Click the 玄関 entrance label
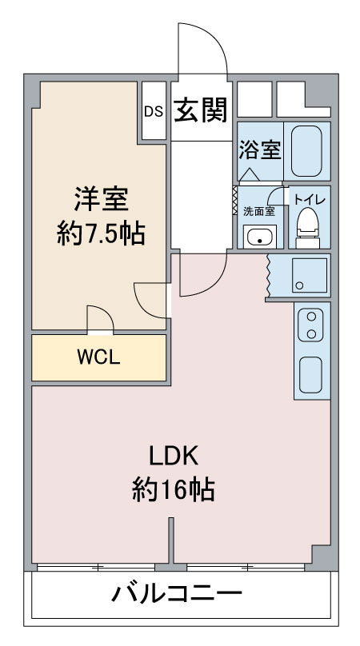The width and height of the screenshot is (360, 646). [201, 110]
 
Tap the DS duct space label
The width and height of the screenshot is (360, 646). [154, 112]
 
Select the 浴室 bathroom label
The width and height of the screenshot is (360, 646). [260, 150]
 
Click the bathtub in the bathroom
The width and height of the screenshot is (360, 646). [306, 151]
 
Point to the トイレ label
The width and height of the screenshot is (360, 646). [310, 200]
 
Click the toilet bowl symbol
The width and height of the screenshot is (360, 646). [308, 227]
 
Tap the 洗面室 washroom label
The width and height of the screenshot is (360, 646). [258, 211]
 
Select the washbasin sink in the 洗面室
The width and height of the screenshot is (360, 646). [259, 237]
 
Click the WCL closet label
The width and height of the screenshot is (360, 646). [99, 357]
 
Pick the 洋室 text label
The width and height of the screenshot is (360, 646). [101, 199]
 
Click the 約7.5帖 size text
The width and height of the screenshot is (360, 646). [101, 233]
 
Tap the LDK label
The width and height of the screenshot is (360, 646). [174, 457]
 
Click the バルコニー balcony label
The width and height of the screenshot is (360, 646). [177, 594]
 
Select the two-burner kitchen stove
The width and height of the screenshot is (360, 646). [312, 325]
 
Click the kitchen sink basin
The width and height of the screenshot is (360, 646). [311, 374]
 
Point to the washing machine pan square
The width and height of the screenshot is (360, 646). [310, 276]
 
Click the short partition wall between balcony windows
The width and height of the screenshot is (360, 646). [171, 540]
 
